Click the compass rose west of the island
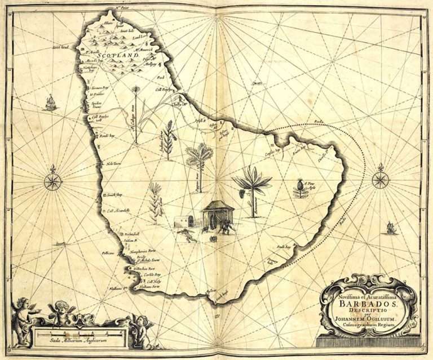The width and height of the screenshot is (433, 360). tap(53, 181)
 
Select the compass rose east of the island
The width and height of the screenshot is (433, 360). tap(381, 180)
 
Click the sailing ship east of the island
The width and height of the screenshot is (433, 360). tap(391, 228)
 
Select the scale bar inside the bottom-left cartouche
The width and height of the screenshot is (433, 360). tap(79, 334)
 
